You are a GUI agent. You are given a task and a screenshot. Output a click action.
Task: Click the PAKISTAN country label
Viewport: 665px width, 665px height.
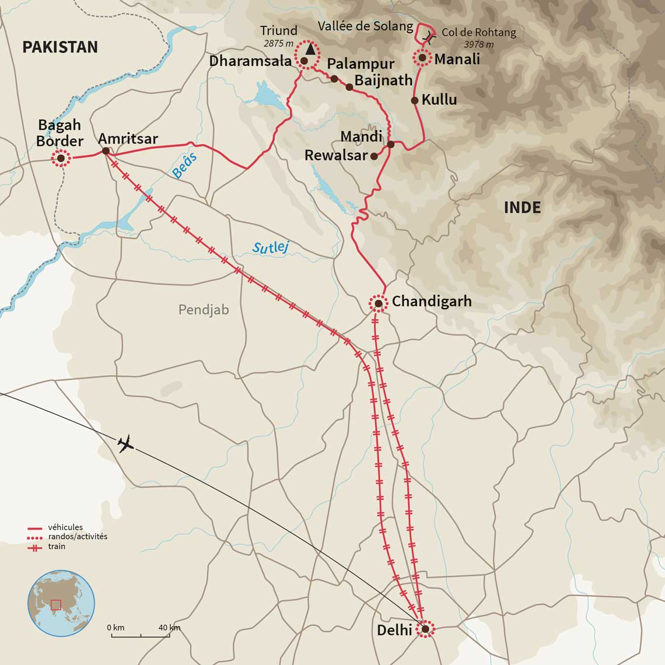60,47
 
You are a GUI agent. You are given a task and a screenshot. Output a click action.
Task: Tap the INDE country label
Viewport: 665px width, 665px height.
522,208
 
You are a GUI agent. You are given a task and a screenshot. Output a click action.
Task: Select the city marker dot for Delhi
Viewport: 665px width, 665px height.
425,628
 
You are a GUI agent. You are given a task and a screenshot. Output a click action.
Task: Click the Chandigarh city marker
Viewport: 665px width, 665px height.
378,303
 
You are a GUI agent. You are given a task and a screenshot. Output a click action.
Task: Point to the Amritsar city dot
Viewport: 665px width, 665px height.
106,150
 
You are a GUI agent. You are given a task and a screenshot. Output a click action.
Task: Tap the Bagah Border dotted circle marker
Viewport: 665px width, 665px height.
60,158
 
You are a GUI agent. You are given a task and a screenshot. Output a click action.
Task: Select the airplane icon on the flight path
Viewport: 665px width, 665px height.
125,444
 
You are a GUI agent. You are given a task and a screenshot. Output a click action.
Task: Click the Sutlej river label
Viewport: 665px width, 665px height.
271,247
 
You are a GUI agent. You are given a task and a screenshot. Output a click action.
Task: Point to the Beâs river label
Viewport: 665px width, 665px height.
185,165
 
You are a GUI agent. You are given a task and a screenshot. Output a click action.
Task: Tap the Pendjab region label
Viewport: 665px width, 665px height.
204,309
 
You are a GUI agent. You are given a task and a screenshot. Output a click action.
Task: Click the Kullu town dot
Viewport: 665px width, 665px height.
415,100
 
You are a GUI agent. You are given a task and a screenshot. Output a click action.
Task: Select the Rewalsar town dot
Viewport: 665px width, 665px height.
374,156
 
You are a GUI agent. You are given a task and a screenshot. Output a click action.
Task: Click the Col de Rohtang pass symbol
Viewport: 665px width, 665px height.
429,38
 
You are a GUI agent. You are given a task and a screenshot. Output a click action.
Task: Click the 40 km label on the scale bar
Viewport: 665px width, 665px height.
169,628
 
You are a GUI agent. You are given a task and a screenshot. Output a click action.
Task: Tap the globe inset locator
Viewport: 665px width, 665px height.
61,603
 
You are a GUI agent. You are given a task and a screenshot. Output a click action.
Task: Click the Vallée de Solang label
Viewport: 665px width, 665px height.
365,26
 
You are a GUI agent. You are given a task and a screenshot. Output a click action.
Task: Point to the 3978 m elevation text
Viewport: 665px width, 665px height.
478,45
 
